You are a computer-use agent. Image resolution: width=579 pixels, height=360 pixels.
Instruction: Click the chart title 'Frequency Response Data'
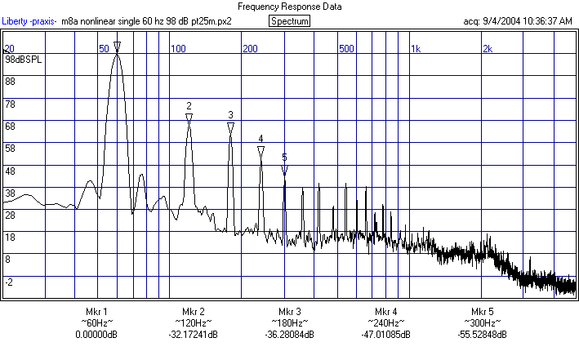click(x=289, y=6)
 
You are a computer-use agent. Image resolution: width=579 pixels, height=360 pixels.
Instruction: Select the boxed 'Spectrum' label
click(x=289, y=20)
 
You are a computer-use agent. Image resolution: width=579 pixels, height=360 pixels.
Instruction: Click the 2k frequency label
click(x=487, y=49)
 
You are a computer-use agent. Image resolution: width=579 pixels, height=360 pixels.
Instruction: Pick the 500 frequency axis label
click(x=347, y=49)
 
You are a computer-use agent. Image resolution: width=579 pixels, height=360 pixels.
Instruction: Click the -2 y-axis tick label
click(x=10, y=282)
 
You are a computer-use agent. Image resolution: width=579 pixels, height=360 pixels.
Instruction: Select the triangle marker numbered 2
click(x=189, y=118)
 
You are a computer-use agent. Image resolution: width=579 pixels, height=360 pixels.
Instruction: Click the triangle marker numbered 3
click(x=230, y=127)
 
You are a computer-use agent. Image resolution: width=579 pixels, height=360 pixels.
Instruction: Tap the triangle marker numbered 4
click(x=261, y=151)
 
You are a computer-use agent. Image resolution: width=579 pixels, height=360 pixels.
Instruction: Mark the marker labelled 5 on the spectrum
click(x=284, y=170)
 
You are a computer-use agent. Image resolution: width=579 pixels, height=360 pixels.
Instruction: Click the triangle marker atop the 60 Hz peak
click(x=118, y=47)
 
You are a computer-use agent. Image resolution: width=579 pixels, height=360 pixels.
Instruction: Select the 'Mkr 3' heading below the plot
click(x=289, y=312)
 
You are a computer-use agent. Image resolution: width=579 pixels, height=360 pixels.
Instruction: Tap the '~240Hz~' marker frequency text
click(x=385, y=323)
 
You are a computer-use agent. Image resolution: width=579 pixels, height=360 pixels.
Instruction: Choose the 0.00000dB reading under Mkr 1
click(x=96, y=335)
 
